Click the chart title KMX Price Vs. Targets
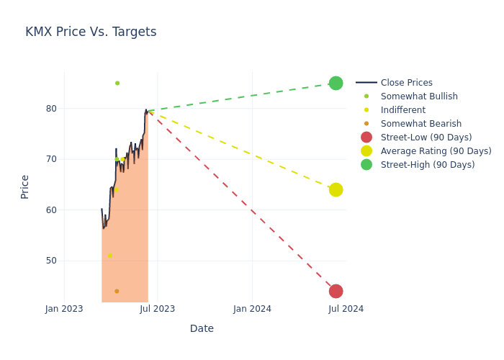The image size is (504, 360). click(91, 32)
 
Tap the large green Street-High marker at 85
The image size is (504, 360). click(336, 83)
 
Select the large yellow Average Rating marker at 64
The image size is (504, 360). click(336, 189)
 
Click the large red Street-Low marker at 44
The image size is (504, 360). click(336, 291)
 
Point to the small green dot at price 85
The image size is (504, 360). click(117, 83)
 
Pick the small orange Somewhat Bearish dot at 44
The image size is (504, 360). click(117, 291)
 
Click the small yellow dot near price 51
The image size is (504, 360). click(110, 256)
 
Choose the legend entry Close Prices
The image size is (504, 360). click(406, 83)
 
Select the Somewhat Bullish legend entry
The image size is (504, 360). click(419, 96)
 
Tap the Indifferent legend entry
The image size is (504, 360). click(402, 110)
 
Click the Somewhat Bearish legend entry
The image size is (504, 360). click(420, 124)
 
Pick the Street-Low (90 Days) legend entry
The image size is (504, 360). click(426, 138)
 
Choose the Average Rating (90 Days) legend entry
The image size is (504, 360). click(436, 151)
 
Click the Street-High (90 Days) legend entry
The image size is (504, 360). click(427, 165)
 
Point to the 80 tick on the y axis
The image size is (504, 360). click(51, 109)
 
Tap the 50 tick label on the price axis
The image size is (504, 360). click(51, 261)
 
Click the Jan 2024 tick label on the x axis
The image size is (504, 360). click(252, 309)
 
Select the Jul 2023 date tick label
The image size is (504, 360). click(158, 309)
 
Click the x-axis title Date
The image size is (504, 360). click(202, 328)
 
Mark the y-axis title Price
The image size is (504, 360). click(25, 186)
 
